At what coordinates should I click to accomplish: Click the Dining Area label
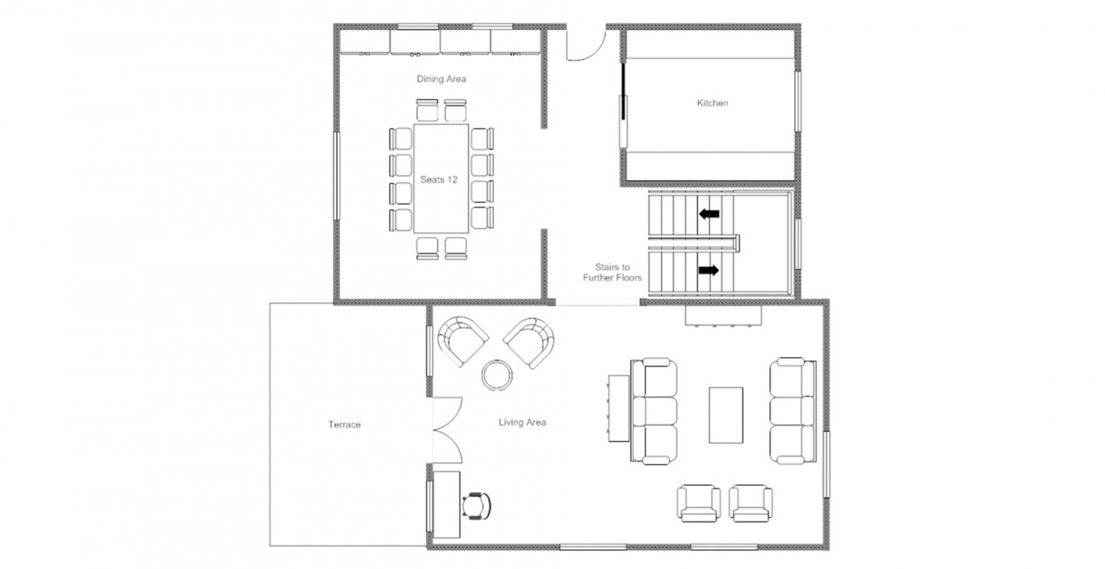point(441,79)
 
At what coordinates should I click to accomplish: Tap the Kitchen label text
point(713,103)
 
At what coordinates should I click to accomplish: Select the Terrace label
point(344,424)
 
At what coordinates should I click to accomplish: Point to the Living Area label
point(522,423)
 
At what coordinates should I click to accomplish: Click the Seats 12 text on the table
point(439,180)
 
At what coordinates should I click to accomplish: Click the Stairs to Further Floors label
point(612,272)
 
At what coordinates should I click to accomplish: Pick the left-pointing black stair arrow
point(709,213)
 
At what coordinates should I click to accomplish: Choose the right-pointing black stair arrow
point(709,270)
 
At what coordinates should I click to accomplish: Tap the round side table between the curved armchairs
point(497,375)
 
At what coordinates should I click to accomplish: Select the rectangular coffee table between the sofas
point(726,415)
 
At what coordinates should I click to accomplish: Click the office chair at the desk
point(477,506)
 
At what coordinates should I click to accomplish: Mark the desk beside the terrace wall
point(446,505)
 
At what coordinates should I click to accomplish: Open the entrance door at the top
point(585,44)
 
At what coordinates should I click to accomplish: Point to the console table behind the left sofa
point(619,409)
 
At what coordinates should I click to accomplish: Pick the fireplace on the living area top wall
point(723,316)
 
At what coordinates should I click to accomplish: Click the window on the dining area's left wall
point(337,176)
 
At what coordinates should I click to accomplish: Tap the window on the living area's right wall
point(826,464)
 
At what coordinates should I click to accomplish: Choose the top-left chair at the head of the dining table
point(427,110)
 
